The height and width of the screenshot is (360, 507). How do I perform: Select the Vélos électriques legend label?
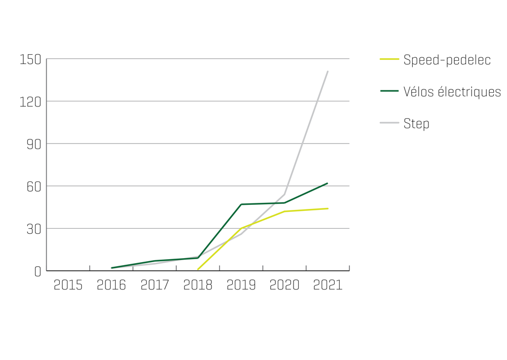[452, 91]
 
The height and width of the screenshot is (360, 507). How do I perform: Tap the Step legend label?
[416, 123]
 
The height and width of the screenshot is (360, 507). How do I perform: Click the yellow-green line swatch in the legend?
[389, 59]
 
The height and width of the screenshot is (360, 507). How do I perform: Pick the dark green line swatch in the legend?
[389, 91]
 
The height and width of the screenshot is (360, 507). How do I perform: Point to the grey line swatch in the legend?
[389, 123]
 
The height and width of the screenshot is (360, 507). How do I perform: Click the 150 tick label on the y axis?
[30, 59]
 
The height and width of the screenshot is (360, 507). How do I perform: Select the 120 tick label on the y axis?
[30, 101]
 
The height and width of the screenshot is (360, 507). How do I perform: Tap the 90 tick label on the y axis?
[33, 143]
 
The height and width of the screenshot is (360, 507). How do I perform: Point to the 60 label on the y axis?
[33, 186]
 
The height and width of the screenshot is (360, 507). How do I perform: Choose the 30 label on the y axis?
[33, 228]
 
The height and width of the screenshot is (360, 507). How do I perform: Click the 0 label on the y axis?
[37, 271]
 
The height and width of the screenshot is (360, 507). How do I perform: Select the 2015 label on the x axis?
[68, 285]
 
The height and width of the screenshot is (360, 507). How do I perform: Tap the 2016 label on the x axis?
[112, 285]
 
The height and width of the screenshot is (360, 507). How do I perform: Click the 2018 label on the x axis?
[198, 285]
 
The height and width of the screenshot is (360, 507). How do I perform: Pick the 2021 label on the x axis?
[328, 285]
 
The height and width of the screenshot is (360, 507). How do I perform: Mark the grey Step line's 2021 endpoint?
[328, 71]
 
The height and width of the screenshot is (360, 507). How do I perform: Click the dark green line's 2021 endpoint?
[328, 183]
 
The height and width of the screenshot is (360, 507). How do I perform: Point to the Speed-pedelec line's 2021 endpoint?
[328, 208]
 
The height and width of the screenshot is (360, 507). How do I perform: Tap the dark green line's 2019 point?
[241, 204]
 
